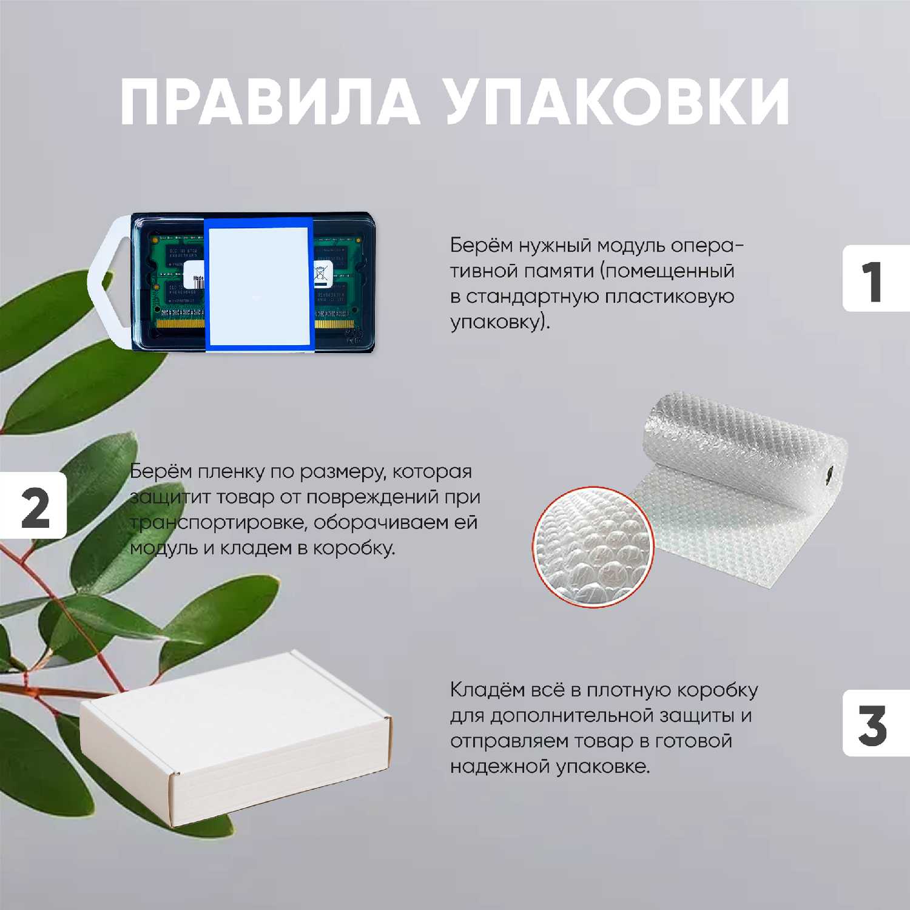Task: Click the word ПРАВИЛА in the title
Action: [x=269, y=101]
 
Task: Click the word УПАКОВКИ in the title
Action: [x=618, y=101]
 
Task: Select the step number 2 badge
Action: [x=33, y=505]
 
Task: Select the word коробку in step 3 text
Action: [x=717, y=690]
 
